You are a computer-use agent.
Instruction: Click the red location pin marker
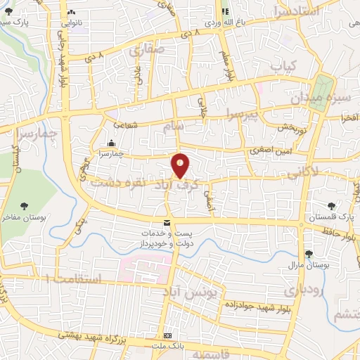[181, 165]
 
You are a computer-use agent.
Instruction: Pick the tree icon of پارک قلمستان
[331, 206]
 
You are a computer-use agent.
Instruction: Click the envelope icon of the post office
[166, 222]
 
